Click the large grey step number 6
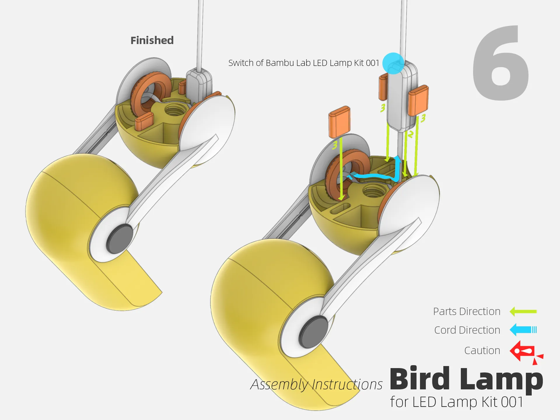501,63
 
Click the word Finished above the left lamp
152,40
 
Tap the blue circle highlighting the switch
393,63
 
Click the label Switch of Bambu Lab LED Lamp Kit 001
304,63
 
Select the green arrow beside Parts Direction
523,311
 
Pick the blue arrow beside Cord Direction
523,330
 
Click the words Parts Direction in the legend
467,311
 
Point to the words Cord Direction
467,330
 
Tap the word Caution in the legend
482,351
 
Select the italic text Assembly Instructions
316,384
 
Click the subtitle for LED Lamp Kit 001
457,402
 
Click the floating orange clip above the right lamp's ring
339,122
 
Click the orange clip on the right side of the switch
418,100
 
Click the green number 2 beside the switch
411,134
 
